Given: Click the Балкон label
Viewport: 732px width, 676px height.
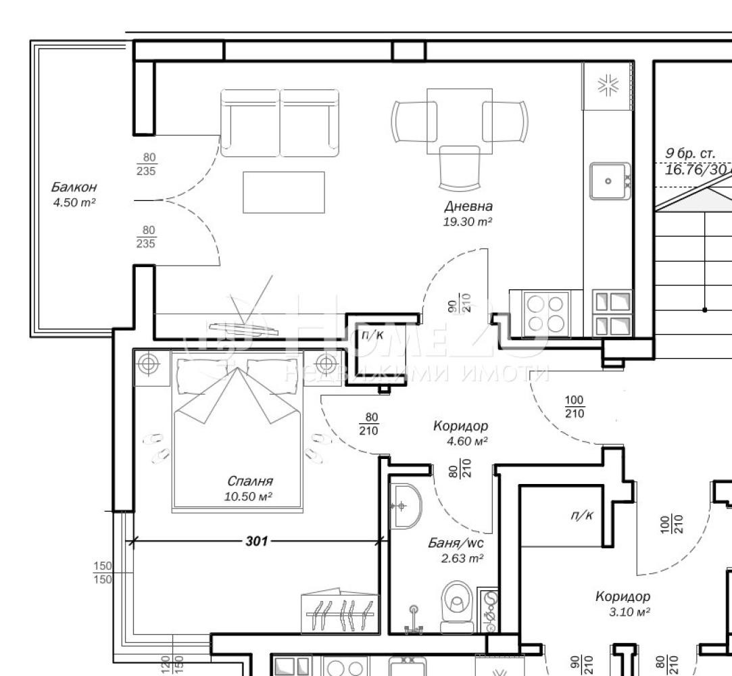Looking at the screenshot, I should coord(74,187).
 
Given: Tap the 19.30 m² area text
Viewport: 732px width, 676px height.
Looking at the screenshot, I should coord(468,221).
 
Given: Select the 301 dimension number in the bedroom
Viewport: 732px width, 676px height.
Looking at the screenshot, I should coord(257,541).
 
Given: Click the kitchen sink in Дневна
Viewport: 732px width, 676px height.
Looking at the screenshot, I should coord(609,180).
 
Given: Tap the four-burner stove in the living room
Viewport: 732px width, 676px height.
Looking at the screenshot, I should coord(546,312).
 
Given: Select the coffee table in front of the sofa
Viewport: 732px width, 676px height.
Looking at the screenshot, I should coord(283,192).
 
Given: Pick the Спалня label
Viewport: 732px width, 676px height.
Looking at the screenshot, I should coord(250,481).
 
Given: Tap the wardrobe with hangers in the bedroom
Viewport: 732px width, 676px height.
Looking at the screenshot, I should coord(339,614).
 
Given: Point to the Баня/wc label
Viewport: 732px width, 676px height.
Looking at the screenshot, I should coord(456,543).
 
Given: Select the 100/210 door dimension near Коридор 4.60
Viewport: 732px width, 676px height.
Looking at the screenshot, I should coord(575,407).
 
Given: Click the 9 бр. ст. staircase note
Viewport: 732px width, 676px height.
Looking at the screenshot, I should coord(691,154).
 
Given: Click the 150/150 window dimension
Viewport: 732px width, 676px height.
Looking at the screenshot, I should coord(103,572).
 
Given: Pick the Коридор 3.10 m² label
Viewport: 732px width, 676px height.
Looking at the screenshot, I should coord(623,596).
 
